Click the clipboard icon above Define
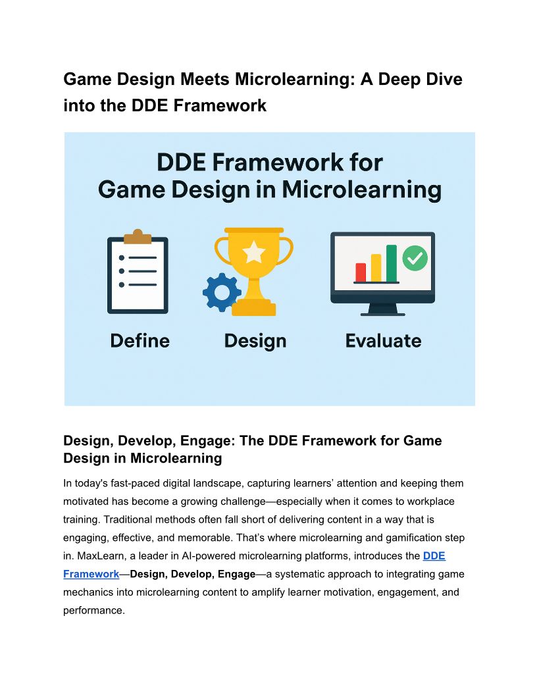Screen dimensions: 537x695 pyautogui.click(x=138, y=271)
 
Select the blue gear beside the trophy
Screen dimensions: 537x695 pyautogui.click(x=222, y=292)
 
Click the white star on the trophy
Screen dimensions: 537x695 pyautogui.click(x=254, y=252)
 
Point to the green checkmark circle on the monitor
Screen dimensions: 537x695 pyautogui.click(x=415, y=258)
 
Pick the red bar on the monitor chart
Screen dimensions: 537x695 pyautogui.click(x=361, y=272)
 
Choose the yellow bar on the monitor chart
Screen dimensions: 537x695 pyautogui.click(x=376, y=268)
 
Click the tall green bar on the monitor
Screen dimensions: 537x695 pyautogui.click(x=392, y=263)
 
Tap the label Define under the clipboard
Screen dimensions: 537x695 pyautogui.click(x=140, y=340)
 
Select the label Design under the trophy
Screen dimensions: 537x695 pyautogui.click(x=255, y=342)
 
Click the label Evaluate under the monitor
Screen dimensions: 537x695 pyautogui.click(x=383, y=340)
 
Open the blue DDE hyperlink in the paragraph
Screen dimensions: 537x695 pyautogui.click(x=434, y=556)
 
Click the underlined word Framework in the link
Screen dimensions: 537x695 pyautogui.click(x=91, y=574)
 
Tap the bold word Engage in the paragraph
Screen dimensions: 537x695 pyautogui.click(x=237, y=574)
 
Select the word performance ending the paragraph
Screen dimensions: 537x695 pyautogui.click(x=94, y=610)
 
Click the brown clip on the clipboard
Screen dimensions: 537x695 pyautogui.click(x=138, y=237)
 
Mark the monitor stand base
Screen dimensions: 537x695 pyautogui.click(x=383, y=314)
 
